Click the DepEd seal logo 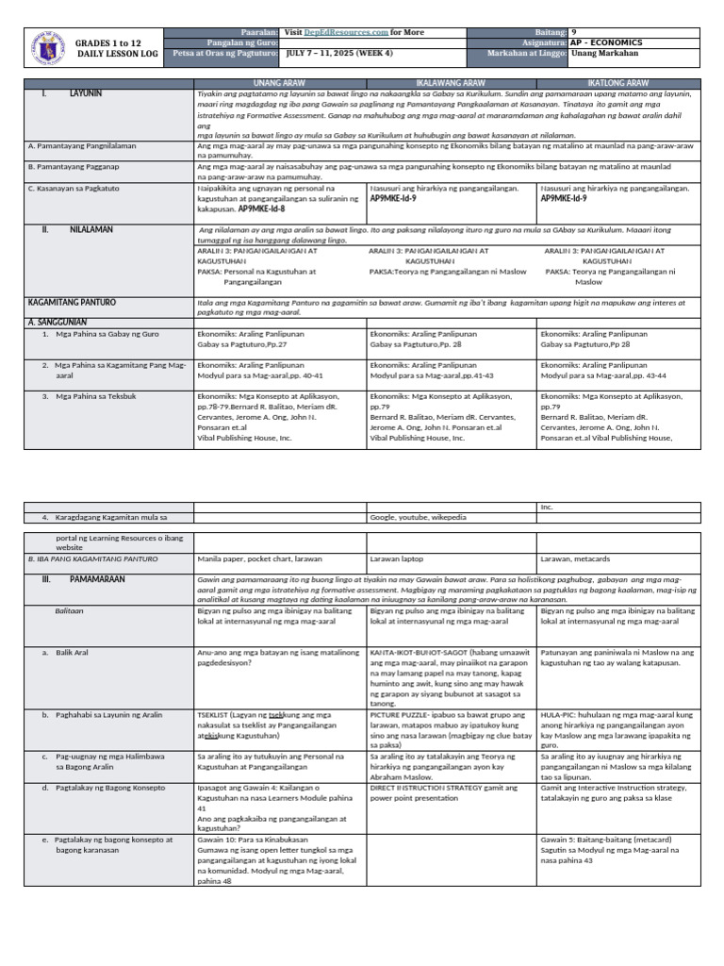(x=47, y=48)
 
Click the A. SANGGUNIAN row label (x=58, y=321)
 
